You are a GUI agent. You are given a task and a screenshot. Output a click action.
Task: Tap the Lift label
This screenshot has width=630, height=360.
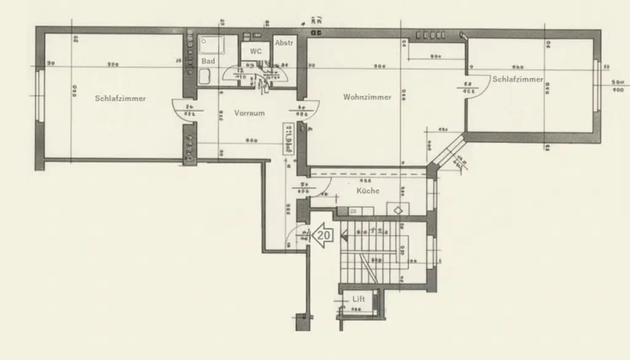click(x=359, y=299)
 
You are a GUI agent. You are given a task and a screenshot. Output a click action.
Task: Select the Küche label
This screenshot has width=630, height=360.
click(x=368, y=191)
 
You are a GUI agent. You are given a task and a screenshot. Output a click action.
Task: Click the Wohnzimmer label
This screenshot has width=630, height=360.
click(x=367, y=97)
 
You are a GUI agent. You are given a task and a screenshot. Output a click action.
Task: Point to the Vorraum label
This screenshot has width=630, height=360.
click(x=249, y=113)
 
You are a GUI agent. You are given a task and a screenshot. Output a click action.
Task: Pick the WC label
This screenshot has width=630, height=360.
click(x=256, y=51)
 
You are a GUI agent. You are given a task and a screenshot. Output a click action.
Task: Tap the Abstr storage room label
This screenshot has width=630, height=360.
click(x=284, y=42)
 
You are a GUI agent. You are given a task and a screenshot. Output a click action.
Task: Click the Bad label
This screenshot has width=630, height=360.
click(x=208, y=62)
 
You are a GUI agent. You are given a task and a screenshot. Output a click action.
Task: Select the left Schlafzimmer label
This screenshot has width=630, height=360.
click(x=121, y=98)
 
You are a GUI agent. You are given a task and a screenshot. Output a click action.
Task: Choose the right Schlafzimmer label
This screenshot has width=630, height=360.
click(x=517, y=79)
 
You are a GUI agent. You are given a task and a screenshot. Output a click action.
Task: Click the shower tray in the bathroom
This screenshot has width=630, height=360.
click(x=212, y=45)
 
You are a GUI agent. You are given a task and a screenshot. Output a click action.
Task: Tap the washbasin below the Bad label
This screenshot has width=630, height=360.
click(x=205, y=77)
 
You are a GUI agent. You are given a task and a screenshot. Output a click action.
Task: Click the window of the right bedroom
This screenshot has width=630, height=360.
click(x=596, y=86)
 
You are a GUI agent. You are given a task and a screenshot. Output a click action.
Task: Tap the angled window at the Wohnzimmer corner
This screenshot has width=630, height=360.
click(x=449, y=154)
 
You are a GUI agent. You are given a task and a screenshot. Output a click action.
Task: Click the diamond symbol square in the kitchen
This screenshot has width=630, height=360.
click(x=400, y=210)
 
